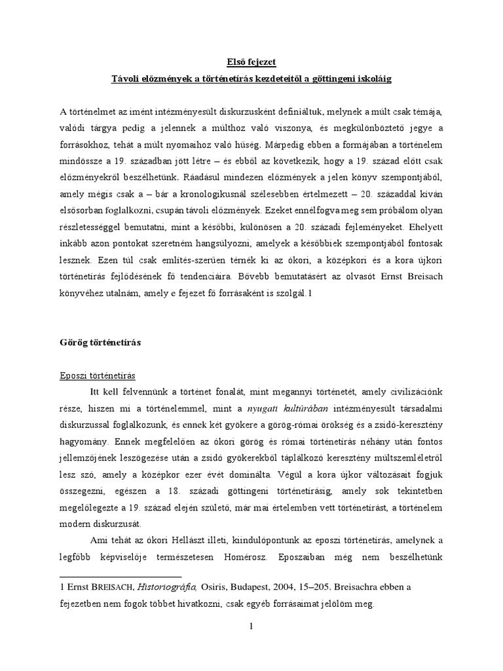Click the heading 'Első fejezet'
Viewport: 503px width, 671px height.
(x=251, y=62)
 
